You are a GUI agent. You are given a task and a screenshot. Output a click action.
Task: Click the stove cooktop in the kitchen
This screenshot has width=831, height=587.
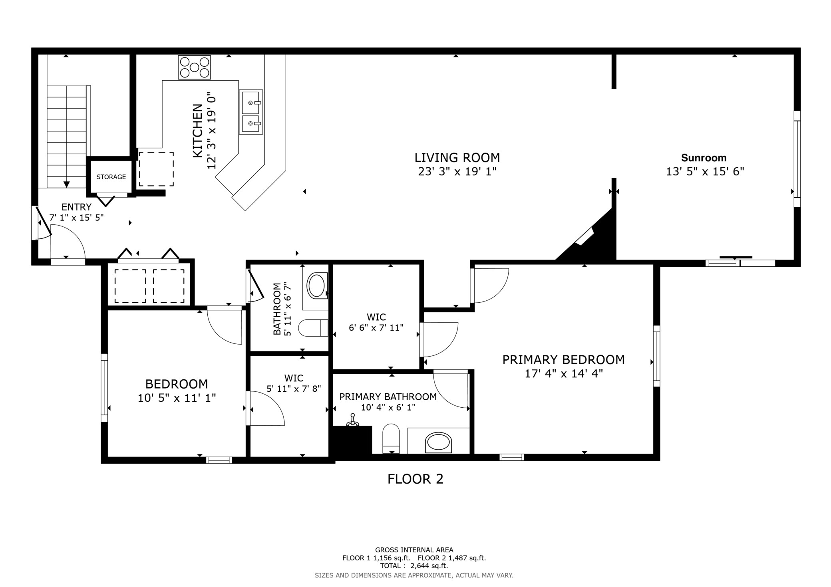click(195, 67)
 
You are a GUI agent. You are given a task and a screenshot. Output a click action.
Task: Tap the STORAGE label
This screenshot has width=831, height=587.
click(111, 177)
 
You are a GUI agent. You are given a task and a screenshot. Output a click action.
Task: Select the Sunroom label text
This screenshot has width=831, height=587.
click(704, 158)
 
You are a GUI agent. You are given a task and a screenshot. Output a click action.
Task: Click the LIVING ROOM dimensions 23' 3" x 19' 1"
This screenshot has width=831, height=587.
click(457, 172)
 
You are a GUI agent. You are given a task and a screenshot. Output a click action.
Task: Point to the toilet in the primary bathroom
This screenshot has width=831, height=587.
click(391, 438)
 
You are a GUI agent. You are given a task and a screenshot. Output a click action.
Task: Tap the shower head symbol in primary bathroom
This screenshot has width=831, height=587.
click(352, 420)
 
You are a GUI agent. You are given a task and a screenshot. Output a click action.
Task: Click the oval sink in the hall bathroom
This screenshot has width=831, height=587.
click(316, 286)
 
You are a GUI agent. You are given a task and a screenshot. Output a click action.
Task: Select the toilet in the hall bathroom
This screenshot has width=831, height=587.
click(314, 328)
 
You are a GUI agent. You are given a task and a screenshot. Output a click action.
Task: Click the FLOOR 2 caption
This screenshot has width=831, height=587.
click(415, 479)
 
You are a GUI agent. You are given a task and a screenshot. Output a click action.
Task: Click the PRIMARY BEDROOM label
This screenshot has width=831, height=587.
click(563, 360)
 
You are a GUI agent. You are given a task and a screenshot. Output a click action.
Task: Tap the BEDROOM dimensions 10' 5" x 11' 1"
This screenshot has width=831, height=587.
click(177, 398)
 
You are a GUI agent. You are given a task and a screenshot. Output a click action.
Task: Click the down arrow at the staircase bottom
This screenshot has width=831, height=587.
click(67, 184)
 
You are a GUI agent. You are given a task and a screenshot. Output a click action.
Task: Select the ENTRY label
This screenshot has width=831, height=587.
click(76, 207)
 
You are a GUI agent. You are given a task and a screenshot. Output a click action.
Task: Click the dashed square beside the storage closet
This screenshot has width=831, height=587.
click(156, 169)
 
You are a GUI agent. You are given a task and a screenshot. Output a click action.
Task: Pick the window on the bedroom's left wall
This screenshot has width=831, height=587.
click(104, 387)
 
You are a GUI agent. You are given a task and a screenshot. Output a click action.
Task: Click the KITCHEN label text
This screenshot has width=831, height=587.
click(197, 131)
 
